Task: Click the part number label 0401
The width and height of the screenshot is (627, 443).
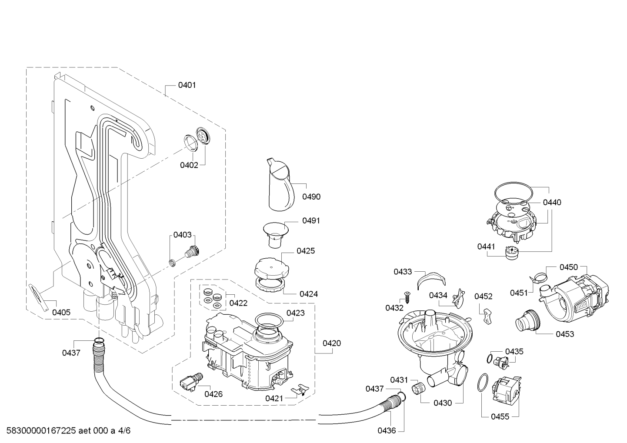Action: click(187, 85)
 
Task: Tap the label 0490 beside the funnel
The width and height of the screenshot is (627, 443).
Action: click(311, 197)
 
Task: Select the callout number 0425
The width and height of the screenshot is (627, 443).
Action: click(306, 251)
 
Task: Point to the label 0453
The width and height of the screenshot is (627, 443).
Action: click(565, 334)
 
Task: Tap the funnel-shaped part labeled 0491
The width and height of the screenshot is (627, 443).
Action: click(275, 234)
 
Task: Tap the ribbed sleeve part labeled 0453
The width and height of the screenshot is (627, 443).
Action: click(527, 320)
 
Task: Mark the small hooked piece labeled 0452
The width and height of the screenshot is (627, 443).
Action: click(487, 316)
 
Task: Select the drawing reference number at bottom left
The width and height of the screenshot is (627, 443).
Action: click(69, 430)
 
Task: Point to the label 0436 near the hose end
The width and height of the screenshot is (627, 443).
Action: click(387, 431)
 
